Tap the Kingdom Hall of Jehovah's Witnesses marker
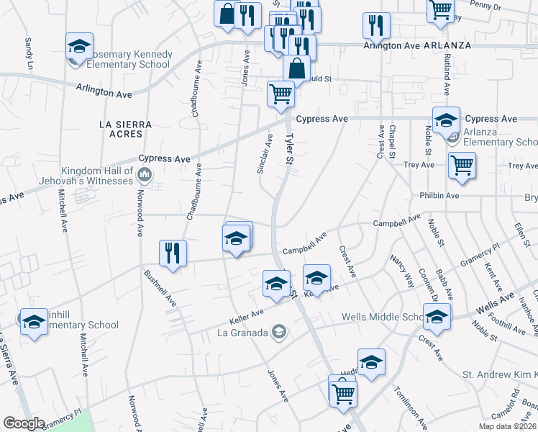tap(145, 174)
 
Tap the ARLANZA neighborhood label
tap(447, 45)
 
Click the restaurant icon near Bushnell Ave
tap(173, 253)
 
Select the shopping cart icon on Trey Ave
tap(462, 165)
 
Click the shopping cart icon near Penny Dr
tap(440, 9)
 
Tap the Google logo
tap(24, 423)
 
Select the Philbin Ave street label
tap(440, 195)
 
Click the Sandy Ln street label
tap(29, 55)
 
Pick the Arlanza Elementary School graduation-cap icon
tap(446, 120)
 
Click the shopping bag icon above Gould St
tap(296, 68)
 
